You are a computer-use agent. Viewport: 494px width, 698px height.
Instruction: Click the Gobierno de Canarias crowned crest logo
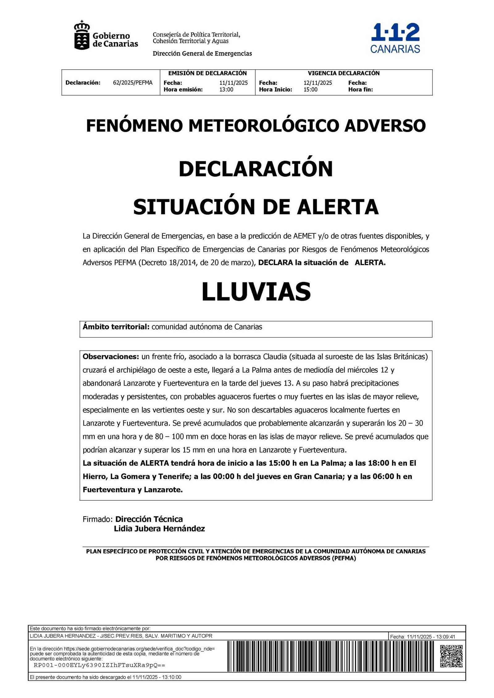click(82, 35)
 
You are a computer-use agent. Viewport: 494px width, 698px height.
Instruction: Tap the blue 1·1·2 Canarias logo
click(395, 38)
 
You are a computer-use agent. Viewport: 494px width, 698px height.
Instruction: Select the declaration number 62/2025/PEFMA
click(132, 83)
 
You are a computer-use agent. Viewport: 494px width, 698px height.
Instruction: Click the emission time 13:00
click(226, 89)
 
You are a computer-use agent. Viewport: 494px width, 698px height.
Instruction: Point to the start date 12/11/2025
click(318, 83)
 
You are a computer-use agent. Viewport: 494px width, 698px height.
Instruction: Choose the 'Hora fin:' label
click(360, 89)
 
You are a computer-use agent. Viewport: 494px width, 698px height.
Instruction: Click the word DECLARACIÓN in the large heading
click(256, 169)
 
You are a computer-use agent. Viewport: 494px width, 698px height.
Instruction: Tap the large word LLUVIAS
click(256, 292)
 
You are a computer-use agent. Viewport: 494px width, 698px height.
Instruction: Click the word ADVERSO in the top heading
click(385, 125)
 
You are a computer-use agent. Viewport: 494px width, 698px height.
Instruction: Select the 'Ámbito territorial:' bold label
click(116, 327)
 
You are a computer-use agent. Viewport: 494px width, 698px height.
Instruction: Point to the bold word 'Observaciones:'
click(111, 357)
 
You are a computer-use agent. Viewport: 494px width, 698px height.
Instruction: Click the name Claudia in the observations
click(275, 357)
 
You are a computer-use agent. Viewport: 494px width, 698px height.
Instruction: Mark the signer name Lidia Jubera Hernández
click(159, 529)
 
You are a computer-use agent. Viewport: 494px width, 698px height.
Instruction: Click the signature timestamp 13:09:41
click(446, 637)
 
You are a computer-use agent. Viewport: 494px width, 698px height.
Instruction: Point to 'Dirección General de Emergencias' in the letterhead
click(202, 54)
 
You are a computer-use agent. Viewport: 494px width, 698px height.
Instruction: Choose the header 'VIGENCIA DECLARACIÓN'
click(343, 73)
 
